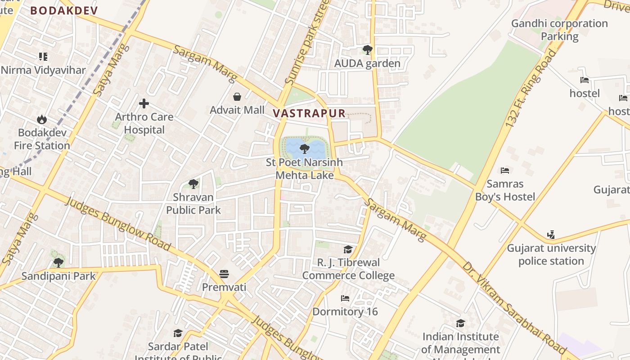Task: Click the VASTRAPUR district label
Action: [309, 113]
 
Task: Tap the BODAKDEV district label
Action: [64, 11]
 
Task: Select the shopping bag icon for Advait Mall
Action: [237, 97]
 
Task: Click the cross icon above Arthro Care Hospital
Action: [144, 104]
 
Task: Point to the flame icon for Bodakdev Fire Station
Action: [42, 119]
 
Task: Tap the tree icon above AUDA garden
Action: [367, 50]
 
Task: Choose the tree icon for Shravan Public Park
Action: [193, 184]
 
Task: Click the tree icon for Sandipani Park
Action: [58, 262]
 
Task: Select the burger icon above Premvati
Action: [224, 274]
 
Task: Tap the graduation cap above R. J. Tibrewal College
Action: [348, 249]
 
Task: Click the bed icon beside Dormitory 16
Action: [345, 298]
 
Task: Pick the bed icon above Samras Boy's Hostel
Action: [505, 171]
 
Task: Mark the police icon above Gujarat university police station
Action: [551, 234]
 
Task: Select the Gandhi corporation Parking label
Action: [559, 30]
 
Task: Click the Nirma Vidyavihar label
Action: [43, 70]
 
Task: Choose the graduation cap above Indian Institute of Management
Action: [460, 323]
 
